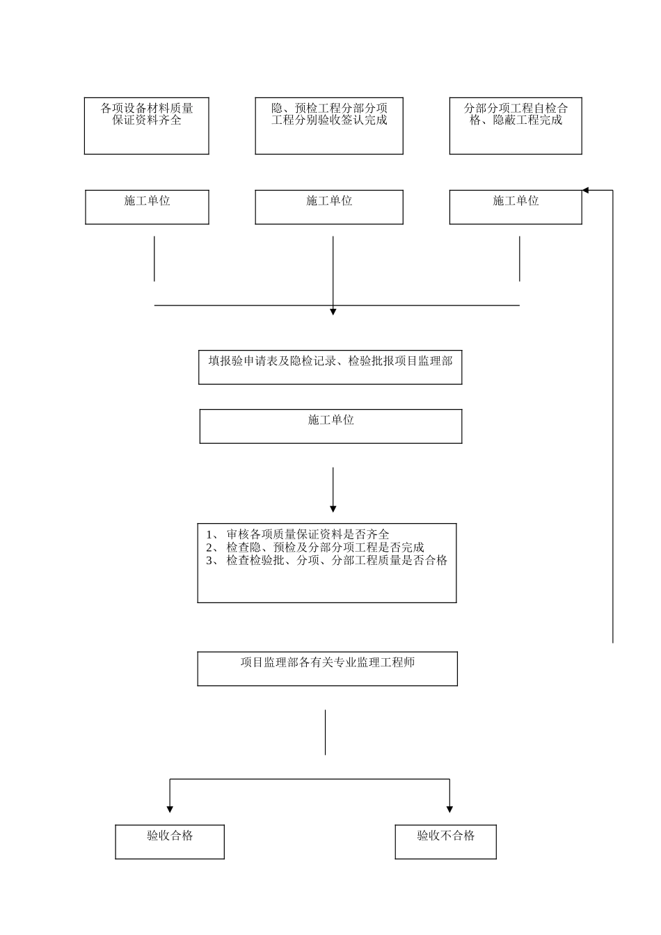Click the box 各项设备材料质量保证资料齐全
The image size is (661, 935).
tap(147, 126)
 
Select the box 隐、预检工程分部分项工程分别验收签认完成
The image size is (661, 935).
tap(329, 126)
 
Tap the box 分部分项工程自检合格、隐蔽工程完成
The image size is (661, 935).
tap(516, 126)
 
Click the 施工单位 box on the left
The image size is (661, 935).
tap(147, 207)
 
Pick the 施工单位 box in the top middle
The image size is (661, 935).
tap(329, 207)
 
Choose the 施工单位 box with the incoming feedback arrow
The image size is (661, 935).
tap(516, 207)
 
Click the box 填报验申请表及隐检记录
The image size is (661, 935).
tap(330, 368)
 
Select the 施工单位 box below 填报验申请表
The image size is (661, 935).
tap(330, 426)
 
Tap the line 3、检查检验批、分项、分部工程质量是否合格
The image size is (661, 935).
tap(326, 561)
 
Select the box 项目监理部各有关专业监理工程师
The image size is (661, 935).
tap(327, 669)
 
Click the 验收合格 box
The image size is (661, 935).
tap(170, 842)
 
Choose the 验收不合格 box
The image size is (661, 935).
tap(446, 842)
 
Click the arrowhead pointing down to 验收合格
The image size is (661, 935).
tap(170, 809)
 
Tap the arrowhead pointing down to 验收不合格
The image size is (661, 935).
tap(449, 809)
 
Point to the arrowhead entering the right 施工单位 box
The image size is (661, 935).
tap(586, 190)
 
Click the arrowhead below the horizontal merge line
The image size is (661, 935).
tap(333, 312)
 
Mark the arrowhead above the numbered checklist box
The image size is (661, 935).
tap(333, 509)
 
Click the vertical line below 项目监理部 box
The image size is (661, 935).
tap(325, 732)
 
